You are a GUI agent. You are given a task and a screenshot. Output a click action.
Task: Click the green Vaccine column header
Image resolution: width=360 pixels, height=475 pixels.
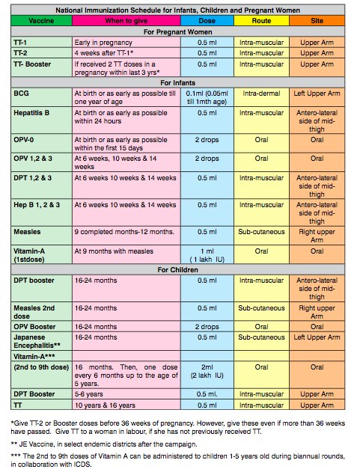41,21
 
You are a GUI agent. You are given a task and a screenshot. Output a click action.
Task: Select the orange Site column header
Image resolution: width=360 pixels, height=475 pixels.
317,21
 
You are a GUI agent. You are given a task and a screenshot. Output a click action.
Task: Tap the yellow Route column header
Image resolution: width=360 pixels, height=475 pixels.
261,21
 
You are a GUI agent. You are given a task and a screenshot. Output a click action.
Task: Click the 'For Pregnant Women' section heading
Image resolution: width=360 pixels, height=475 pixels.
177,32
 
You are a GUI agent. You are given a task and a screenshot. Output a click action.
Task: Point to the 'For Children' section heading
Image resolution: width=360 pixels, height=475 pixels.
177,269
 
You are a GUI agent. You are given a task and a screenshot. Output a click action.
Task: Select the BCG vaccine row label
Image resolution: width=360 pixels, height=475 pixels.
21,94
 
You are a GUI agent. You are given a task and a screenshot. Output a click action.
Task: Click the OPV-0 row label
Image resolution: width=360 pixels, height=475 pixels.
24,140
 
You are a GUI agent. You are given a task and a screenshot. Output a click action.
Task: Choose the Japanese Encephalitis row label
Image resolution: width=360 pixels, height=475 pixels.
37,341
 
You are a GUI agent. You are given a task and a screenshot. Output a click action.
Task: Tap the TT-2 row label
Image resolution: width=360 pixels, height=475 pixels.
20,53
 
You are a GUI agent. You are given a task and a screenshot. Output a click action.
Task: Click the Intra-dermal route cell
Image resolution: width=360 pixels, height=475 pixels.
261,94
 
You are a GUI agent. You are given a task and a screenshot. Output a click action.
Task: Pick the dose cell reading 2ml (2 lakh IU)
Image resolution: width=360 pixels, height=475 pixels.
207,371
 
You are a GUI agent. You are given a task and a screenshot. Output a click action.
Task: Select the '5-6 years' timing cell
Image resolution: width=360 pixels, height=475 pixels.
89,394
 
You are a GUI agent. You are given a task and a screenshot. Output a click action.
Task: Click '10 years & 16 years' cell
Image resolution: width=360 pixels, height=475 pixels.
105,405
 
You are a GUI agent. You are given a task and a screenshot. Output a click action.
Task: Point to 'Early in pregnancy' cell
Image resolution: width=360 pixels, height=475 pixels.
103,43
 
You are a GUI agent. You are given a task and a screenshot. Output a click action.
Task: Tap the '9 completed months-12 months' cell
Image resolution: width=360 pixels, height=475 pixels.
124,232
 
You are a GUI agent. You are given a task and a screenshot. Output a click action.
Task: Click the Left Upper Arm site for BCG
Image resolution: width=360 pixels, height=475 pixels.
317,94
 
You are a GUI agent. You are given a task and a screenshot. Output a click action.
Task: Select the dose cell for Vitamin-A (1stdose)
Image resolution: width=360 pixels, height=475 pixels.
207,255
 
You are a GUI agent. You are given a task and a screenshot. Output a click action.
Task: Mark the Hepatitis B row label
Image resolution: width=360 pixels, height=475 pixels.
31,113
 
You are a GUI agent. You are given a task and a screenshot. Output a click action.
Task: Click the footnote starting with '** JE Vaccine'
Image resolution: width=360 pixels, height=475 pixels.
104,444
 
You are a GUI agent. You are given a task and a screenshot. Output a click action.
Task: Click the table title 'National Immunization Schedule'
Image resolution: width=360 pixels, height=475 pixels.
177,10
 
